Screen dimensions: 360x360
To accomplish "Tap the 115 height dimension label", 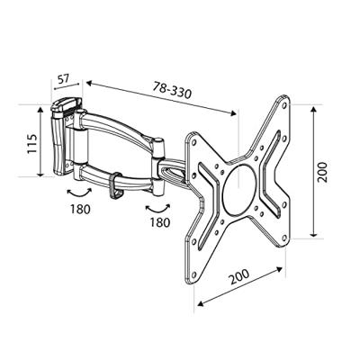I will coord(32,144).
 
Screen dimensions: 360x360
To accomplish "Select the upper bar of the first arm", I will coord(117,126).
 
